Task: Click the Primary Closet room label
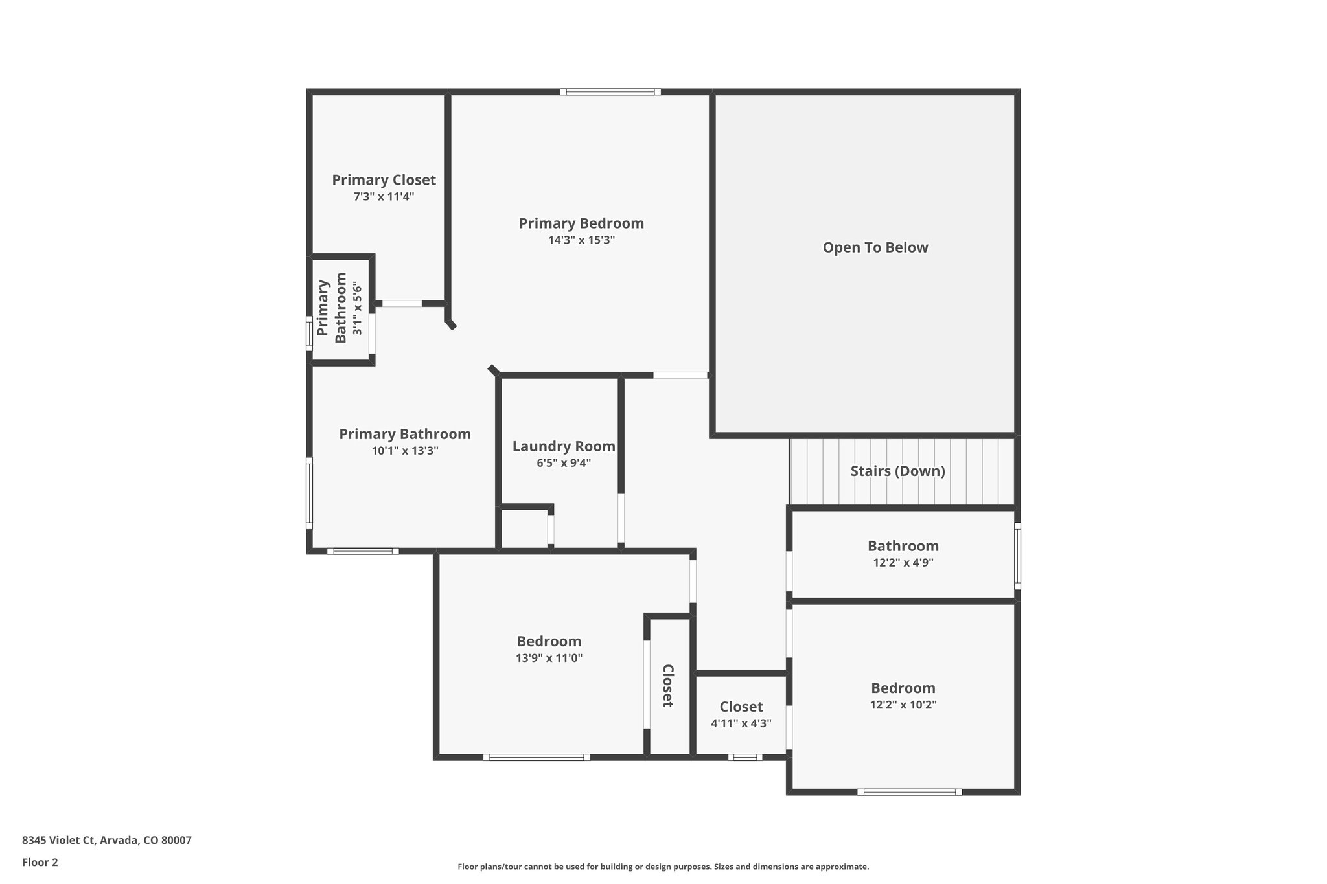tap(384, 180)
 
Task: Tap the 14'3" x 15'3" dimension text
tap(581, 240)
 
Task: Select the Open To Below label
tap(875, 247)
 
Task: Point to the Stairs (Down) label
tap(897, 471)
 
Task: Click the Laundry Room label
tap(564, 446)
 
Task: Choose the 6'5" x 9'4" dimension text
tap(564, 463)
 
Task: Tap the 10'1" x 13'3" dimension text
tap(405, 451)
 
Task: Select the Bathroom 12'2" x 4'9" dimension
tap(903, 563)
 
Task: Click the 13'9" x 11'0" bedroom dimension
tap(549, 658)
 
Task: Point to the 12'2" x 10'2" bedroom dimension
tap(903, 705)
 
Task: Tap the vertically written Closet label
tap(668, 685)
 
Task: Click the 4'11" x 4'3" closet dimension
tap(741, 723)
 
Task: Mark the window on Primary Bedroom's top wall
tap(610, 92)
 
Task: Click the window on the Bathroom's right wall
tap(1017, 556)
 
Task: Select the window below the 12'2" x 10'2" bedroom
tap(909, 791)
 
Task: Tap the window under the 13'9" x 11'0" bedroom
tap(537, 756)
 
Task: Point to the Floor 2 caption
tap(40, 862)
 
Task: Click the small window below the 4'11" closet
tap(744, 756)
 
